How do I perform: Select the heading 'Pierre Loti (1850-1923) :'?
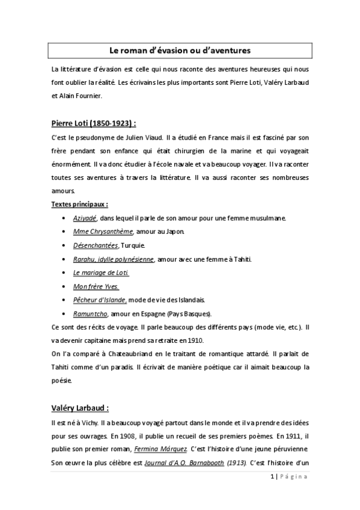(x=94, y=124)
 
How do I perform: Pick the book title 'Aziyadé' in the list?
(x=85, y=218)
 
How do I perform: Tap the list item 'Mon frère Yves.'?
(x=96, y=286)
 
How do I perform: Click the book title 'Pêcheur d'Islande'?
(x=100, y=300)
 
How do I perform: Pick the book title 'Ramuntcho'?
(x=90, y=313)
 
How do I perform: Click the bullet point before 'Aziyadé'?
(x=64, y=218)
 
